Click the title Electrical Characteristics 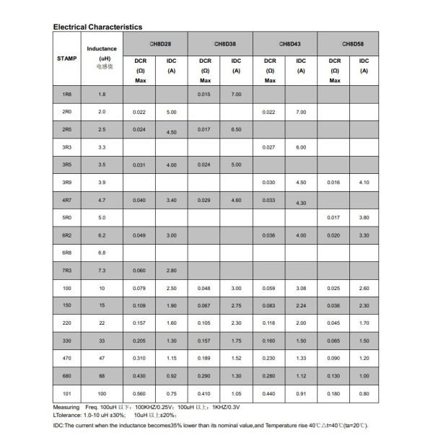(x=97, y=27)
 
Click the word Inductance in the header (x=102, y=48)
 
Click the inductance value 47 (x=102, y=357)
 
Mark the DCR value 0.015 (x=205, y=95)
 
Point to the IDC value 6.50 (x=236, y=129)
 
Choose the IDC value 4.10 (x=364, y=182)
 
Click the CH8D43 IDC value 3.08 (x=301, y=287)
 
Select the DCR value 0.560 (x=140, y=393)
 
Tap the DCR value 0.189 (x=205, y=357)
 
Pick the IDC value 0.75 (x=171, y=393)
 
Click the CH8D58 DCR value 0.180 (x=334, y=393)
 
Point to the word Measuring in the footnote (x=66, y=407)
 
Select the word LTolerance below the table (x=68, y=415)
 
